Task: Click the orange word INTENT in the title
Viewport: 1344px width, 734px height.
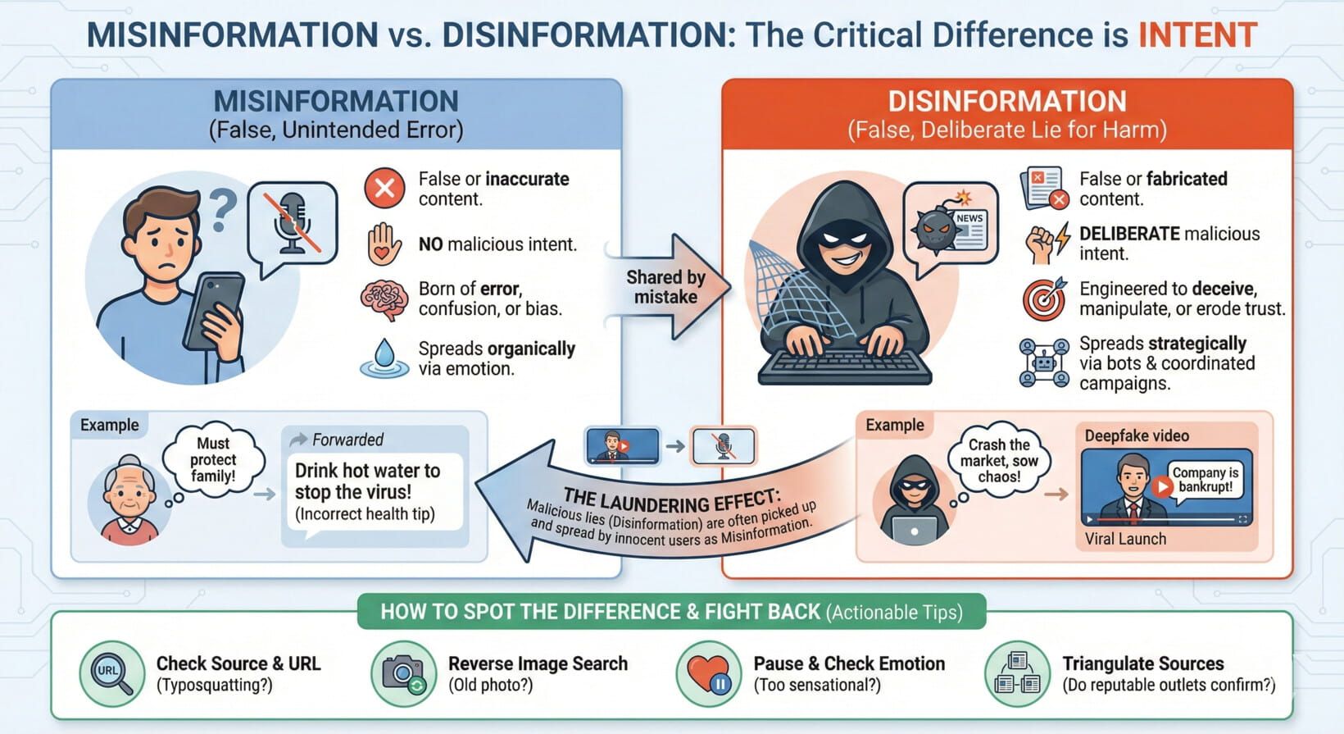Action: point(1197,35)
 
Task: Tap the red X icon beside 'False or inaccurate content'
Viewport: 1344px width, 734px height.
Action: point(384,189)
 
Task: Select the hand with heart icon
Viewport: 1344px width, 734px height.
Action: point(384,244)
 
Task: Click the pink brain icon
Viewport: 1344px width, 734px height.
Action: point(384,299)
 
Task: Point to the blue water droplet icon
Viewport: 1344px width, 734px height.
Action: point(384,358)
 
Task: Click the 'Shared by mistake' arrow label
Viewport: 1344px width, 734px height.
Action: point(665,287)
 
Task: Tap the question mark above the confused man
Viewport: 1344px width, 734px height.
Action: point(223,210)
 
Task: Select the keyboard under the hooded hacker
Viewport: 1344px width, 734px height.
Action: point(844,367)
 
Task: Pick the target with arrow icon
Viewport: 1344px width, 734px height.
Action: point(1045,299)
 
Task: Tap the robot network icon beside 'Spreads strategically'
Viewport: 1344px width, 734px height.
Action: point(1044,362)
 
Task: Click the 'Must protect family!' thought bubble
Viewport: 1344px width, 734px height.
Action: point(213,459)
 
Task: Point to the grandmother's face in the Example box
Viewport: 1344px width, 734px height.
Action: point(129,495)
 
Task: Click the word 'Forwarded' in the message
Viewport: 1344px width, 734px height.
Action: point(347,440)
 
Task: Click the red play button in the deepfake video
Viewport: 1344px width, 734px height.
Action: point(1161,486)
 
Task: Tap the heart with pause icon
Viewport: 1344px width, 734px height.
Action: point(708,674)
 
